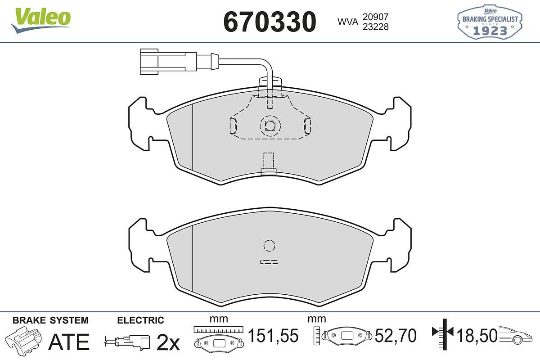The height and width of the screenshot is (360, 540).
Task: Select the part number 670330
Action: click(270, 21)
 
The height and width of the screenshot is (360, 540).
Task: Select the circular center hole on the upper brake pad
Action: click(269, 125)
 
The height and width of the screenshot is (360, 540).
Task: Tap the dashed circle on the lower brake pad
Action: click(269, 246)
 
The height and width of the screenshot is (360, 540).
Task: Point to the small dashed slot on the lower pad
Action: click(269, 261)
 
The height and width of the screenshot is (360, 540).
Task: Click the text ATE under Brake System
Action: click(68, 342)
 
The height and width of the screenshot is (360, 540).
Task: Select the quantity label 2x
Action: click(168, 343)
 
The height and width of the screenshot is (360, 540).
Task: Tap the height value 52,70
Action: click(396, 336)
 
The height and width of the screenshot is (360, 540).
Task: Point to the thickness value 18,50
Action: click(477, 335)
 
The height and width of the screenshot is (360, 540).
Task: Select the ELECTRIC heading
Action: click(140, 320)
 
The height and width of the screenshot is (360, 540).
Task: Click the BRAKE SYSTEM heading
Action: click(50, 320)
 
